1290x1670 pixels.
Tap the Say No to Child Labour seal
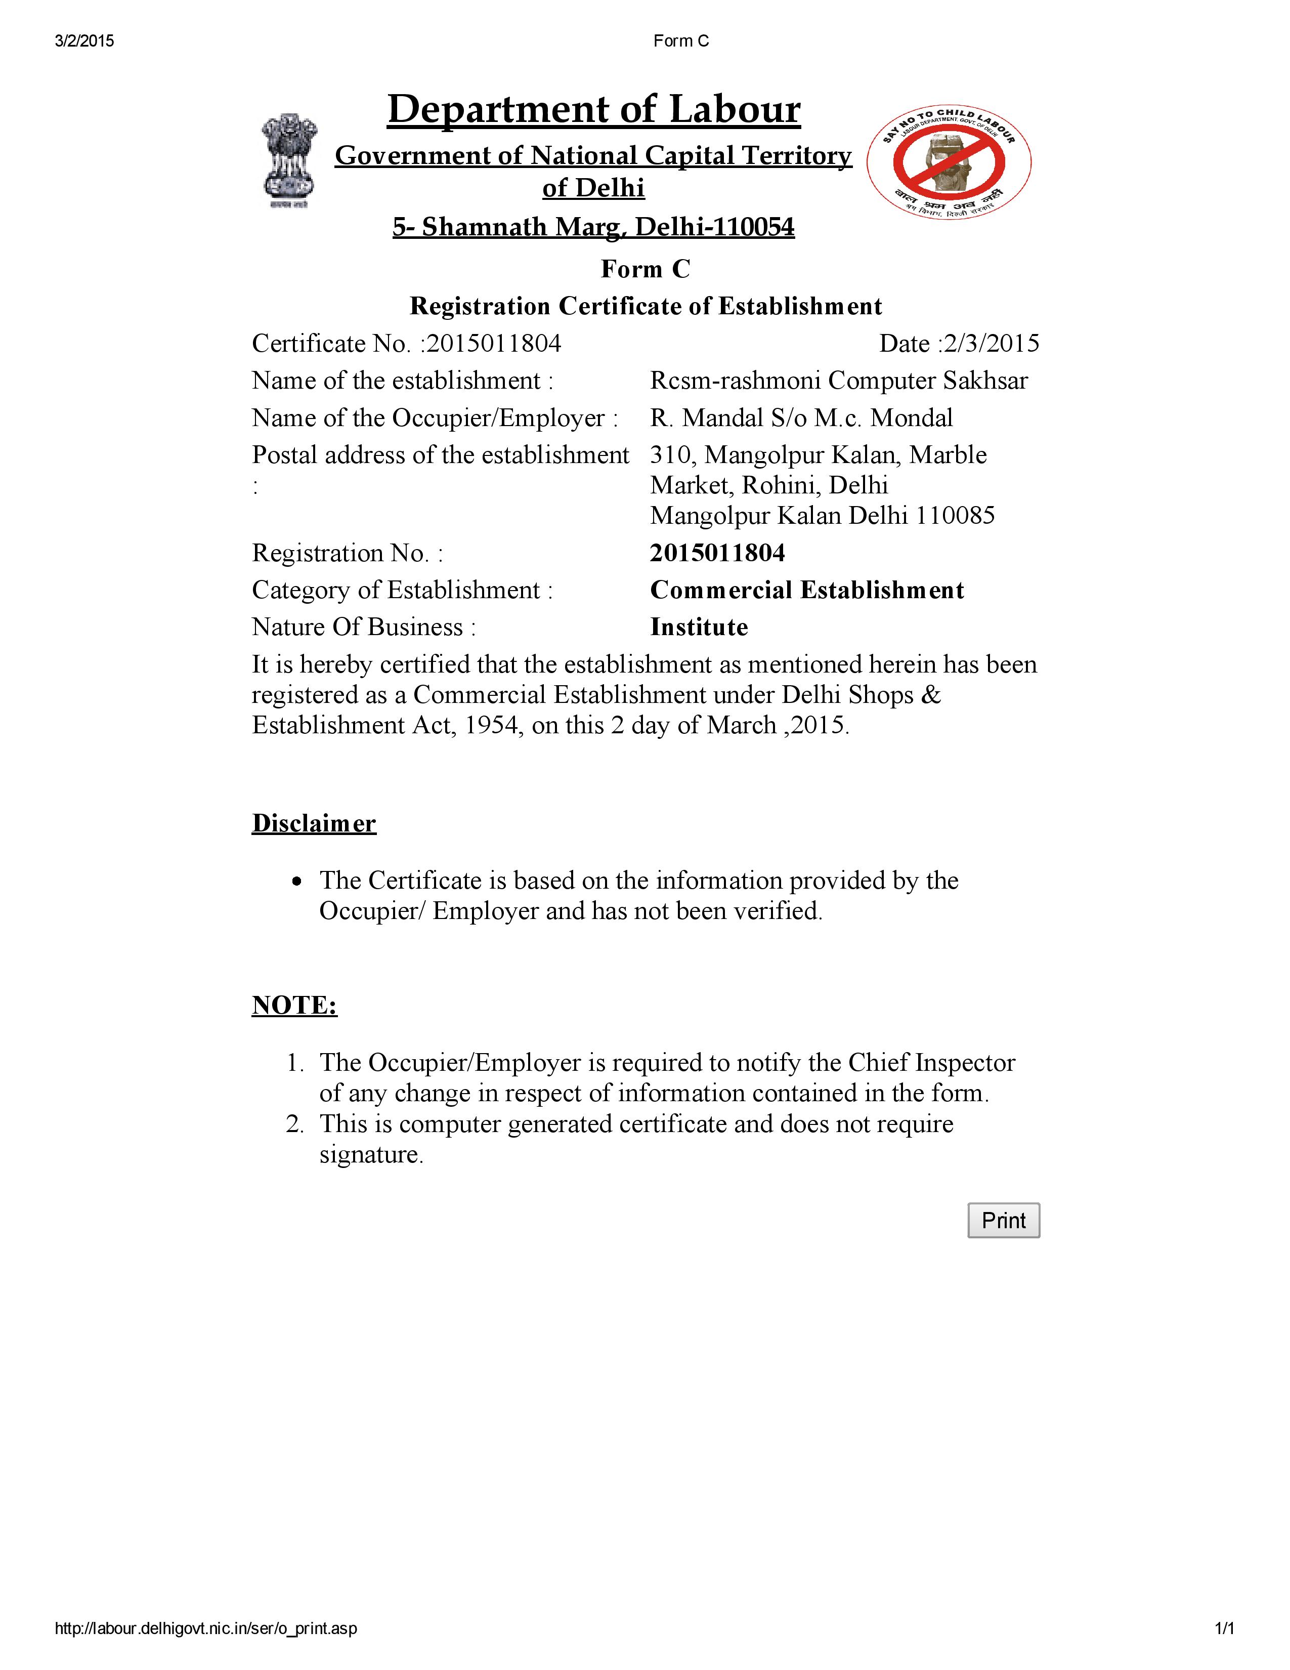pyautogui.click(x=949, y=162)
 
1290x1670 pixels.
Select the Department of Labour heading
pyautogui.click(x=594, y=109)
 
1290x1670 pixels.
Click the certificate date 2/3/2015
pyautogui.click(x=991, y=343)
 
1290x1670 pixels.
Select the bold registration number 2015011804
pyautogui.click(x=717, y=553)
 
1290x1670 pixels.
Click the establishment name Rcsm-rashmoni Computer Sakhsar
pyautogui.click(x=838, y=381)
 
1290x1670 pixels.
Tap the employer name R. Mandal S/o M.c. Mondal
pyautogui.click(x=801, y=418)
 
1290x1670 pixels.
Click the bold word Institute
pyautogui.click(x=699, y=627)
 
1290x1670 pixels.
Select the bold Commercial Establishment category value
pyautogui.click(x=806, y=590)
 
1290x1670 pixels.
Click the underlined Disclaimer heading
pyautogui.click(x=314, y=823)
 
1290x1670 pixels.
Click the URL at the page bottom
pyautogui.click(x=205, y=1629)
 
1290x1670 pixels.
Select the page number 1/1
pyautogui.click(x=1224, y=1629)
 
